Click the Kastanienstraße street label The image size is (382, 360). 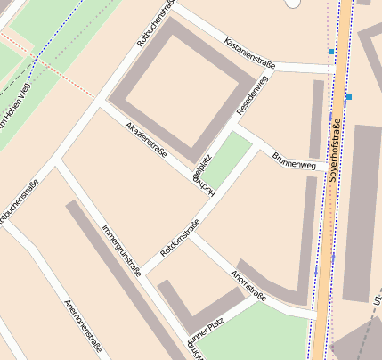point(251,53)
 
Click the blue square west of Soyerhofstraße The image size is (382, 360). point(331,52)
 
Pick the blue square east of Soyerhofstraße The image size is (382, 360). point(348,96)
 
